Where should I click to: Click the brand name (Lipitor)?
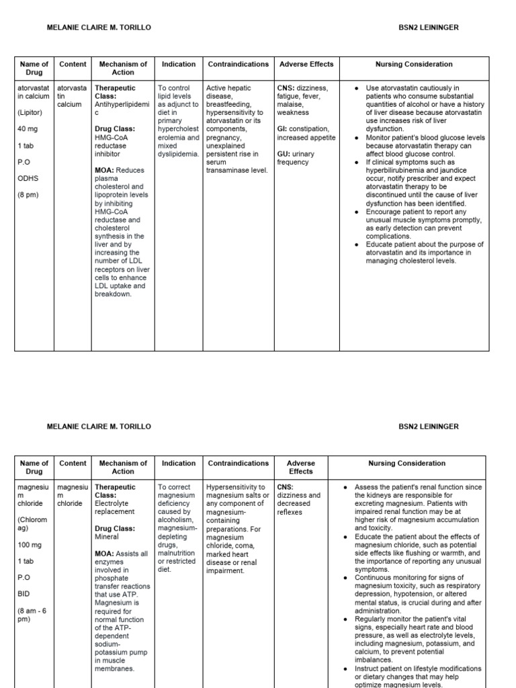[x=32, y=113]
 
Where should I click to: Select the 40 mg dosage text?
[x=28, y=129]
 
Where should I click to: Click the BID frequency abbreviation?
[x=24, y=593]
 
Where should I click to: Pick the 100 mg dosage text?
[x=30, y=544]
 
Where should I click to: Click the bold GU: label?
[x=285, y=154]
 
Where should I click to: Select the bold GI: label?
[x=284, y=129]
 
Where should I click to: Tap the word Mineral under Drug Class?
[x=107, y=537]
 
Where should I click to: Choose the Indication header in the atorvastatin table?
[x=179, y=64]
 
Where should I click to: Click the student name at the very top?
[x=98, y=28]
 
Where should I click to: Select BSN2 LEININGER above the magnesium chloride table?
[x=429, y=427]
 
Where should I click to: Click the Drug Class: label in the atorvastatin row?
[x=115, y=129]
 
